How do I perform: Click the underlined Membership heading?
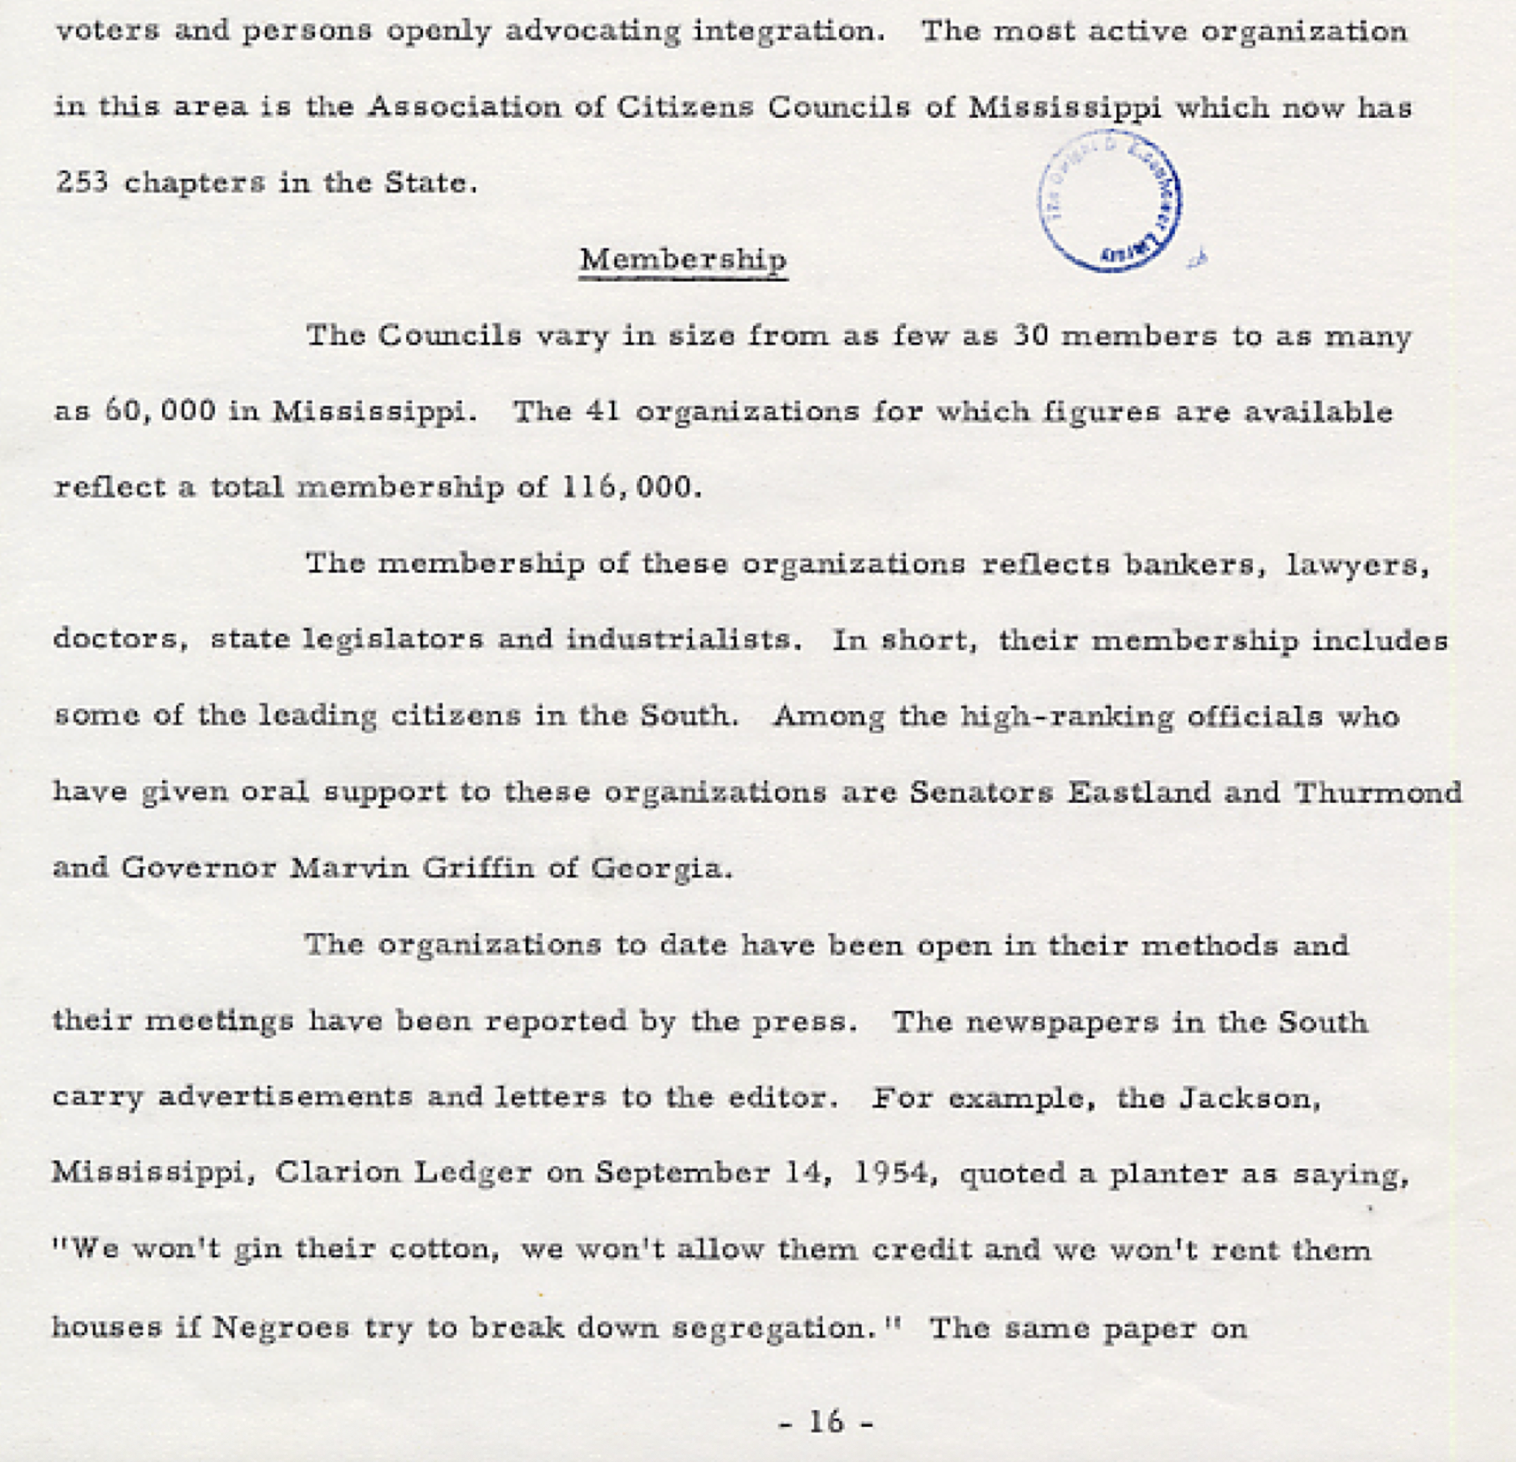click(x=683, y=259)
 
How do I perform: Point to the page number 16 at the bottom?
click(x=826, y=1421)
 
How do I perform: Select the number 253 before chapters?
click(x=82, y=182)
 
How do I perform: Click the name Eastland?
click(x=1137, y=791)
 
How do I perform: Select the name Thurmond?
click(x=1378, y=791)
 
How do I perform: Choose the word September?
click(x=682, y=1173)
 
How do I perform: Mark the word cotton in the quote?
click(x=443, y=1250)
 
